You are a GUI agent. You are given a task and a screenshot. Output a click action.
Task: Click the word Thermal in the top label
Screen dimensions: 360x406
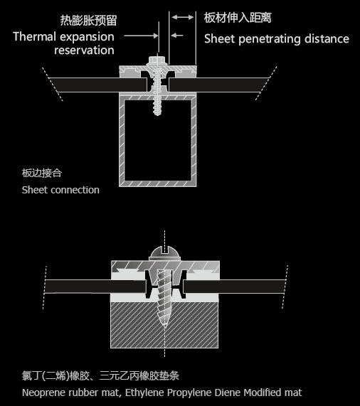click(35, 36)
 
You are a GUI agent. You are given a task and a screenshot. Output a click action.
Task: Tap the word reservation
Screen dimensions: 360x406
click(84, 50)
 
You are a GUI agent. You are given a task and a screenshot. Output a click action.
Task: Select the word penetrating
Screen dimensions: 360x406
click(270, 39)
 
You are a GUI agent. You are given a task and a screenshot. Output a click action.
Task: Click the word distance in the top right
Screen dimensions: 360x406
click(327, 38)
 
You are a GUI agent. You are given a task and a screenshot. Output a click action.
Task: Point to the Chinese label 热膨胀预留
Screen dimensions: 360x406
click(88, 20)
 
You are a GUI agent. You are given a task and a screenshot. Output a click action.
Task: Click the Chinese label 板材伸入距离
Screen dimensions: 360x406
click(238, 18)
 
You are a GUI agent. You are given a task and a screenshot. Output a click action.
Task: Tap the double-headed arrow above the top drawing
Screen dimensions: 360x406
click(183, 17)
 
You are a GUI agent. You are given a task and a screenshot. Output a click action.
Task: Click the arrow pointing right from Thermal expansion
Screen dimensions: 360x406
click(141, 36)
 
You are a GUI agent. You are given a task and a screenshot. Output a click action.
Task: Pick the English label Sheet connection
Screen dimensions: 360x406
click(60, 190)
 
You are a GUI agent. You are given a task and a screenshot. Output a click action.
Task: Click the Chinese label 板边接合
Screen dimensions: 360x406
click(42, 173)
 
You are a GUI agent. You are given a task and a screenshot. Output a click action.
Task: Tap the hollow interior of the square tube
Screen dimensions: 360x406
click(158, 140)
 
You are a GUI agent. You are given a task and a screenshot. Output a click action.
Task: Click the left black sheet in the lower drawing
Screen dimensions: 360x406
click(95, 287)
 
